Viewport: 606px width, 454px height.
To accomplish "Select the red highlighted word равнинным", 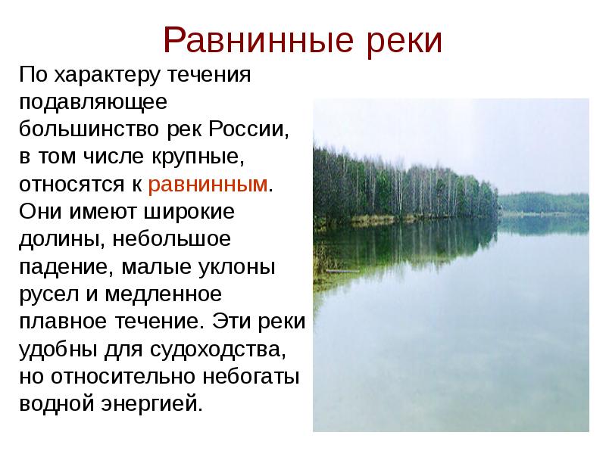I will click(x=209, y=185).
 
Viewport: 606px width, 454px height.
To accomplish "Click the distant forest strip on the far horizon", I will click(x=543, y=201).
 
